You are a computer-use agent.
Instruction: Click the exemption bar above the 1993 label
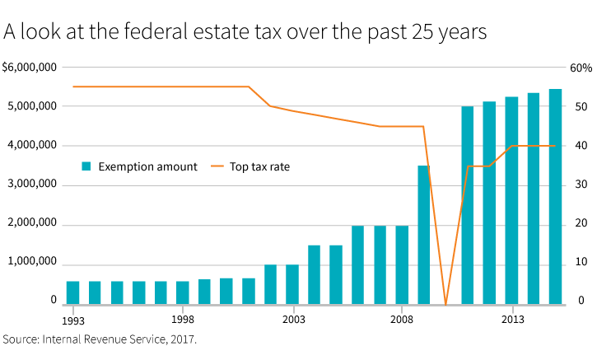[72, 292]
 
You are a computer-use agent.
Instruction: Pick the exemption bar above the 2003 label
[292, 284]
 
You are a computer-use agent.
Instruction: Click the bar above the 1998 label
[183, 292]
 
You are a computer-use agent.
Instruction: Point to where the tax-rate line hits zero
[445, 304]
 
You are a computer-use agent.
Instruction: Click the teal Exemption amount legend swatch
[86, 166]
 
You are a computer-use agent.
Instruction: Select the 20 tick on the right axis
[580, 224]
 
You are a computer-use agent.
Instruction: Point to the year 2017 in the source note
[184, 339]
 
